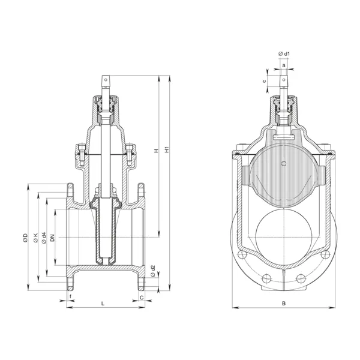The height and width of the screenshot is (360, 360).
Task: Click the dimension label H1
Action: tap(167, 149)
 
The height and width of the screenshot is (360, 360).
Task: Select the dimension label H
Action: tap(157, 151)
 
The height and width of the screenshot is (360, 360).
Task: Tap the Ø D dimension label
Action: tap(25, 238)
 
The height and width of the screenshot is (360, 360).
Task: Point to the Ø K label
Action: tap(35, 238)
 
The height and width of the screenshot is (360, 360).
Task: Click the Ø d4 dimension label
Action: tap(44, 238)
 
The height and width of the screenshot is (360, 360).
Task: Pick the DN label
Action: tap(53, 238)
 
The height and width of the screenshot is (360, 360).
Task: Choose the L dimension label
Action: tap(103, 304)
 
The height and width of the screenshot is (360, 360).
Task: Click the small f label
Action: tap(70, 297)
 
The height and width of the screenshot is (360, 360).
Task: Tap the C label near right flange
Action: tap(142, 298)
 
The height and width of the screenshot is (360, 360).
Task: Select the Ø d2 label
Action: tap(153, 271)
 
